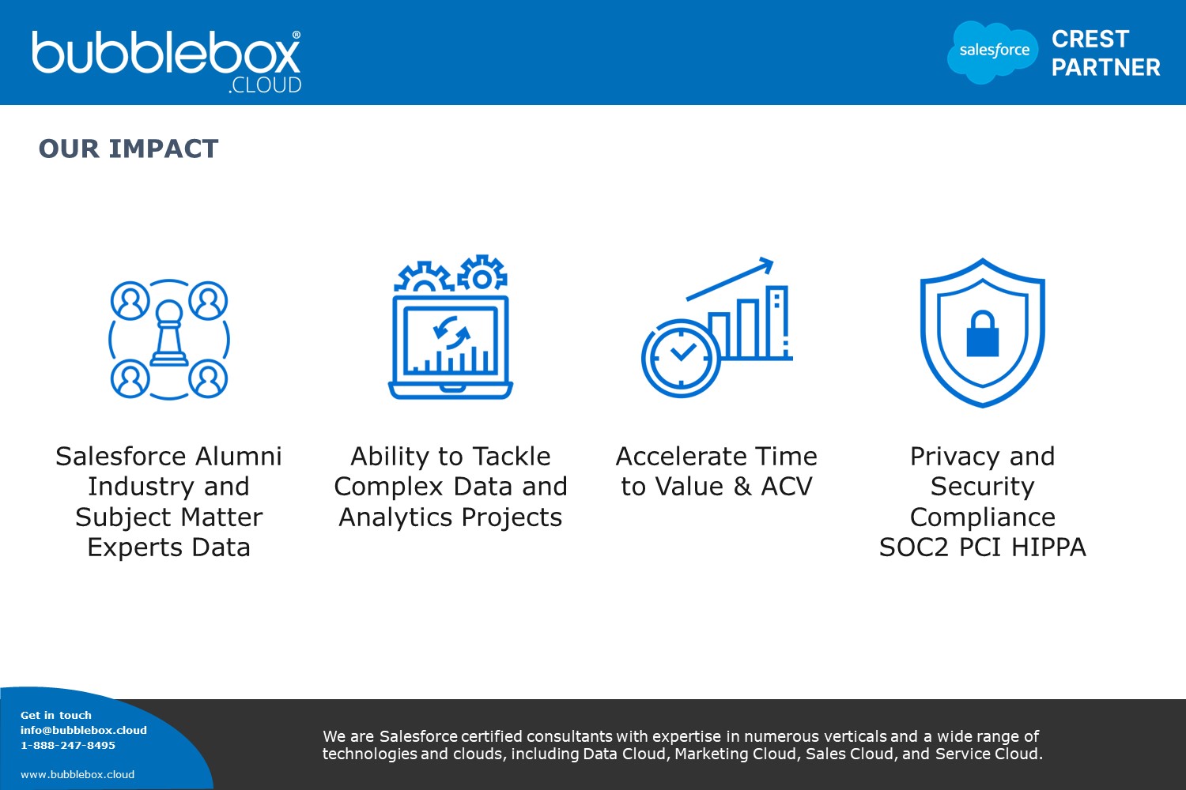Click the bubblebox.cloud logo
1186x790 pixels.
pyautogui.click(x=166, y=62)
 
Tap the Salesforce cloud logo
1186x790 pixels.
pyautogui.click(x=993, y=52)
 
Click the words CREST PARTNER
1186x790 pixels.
pyautogui.click(x=1105, y=53)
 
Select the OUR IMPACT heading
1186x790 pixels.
pyautogui.click(x=128, y=149)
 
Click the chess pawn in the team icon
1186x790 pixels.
pyautogui.click(x=169, y=333)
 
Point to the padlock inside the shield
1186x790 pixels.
pyautogui.click(x=983, y=333)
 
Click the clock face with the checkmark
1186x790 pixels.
pyautogui.click(x=681, y=358)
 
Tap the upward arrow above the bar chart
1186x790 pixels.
pyautogui.click(x=730, y=278)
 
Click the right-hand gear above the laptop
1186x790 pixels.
pyautogui.click(x=482, y=273)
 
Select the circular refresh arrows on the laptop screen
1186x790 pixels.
pyautogui.click(x=451, y=333)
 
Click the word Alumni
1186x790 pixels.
pyautogui.click(x=238, y=456)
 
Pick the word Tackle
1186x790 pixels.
pyautogui.click(x=512, y=456)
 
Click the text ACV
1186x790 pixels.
pyautogui.click(x=786, y=487)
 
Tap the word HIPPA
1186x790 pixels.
pyautogui.click(x=1048, y=547)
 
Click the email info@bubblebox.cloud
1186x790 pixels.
pyautogui.click(x=84, y=730)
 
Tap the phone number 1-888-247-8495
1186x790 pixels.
pyautogui.click(x=68, y=745)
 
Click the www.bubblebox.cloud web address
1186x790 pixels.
pyautogui.click(x=77, y=775)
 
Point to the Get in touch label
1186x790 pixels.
pyautogui.click(x=55, y=716)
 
